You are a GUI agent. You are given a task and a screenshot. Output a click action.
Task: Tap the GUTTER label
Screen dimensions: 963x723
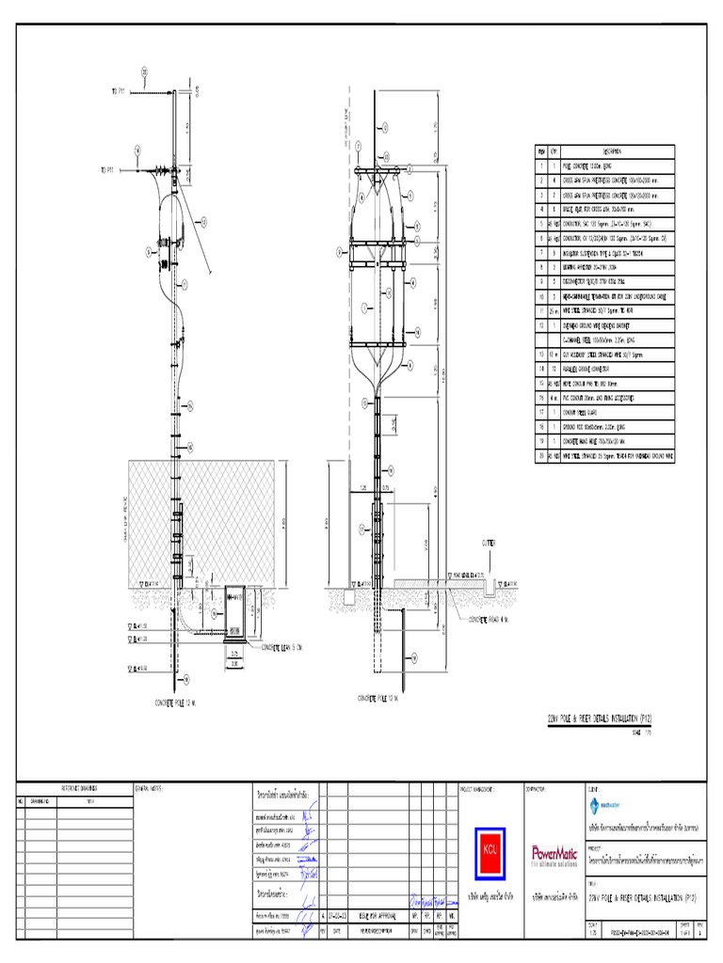click(x=491, y=543)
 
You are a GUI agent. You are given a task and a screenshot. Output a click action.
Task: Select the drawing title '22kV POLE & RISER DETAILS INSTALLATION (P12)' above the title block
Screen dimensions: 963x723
click(x=599, y=718)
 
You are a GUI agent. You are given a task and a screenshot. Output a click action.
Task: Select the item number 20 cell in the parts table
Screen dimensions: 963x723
click(x=541, y=454)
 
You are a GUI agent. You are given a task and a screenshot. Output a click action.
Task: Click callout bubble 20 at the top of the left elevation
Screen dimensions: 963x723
click(x=145, y=71)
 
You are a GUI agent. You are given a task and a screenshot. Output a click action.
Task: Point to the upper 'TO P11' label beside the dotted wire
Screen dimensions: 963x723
click(x=118, y=91)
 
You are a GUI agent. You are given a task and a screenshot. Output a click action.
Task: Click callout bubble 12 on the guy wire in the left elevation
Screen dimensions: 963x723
click(x=203, y=221)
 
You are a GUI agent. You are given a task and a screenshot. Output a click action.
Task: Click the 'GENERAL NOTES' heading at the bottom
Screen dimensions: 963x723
click(x=150, y=787)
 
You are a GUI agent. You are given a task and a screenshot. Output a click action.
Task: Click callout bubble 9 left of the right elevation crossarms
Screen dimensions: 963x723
click(x=340, y=252)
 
